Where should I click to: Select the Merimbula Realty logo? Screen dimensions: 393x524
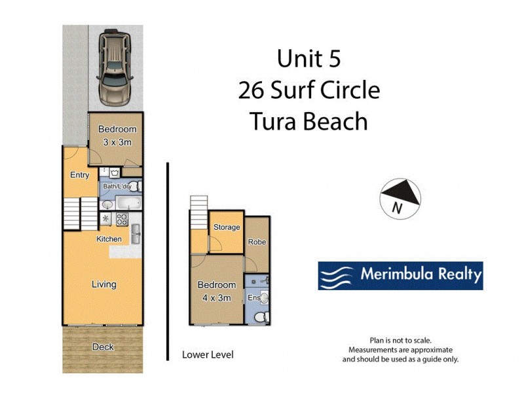point(400,276)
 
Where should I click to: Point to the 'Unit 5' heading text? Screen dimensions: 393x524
point(309,59)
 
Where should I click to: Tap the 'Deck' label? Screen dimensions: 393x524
point(103,346)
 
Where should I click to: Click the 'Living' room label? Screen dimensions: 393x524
point(103,284)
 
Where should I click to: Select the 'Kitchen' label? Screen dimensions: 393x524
point(109,239)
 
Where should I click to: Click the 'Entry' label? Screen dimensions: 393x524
point(79,175)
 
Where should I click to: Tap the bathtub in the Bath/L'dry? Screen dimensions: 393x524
point(126,203)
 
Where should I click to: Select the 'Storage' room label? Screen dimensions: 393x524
point(227,227)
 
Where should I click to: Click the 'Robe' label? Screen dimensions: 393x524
point(257,242)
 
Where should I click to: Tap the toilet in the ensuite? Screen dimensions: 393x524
point(260,317)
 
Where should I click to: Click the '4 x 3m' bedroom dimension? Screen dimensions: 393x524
point(216,298)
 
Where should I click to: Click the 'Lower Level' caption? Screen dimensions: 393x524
point(207,355)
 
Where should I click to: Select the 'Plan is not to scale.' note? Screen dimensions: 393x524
point(400,341)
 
